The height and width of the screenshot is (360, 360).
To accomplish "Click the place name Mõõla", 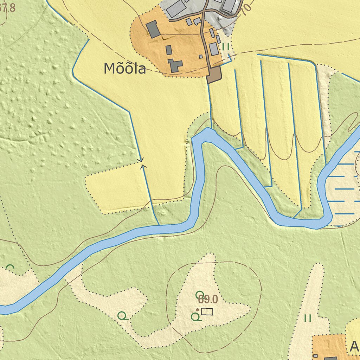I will (x=125, y=69).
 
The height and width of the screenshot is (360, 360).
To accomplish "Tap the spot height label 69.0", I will (x=208, y=300).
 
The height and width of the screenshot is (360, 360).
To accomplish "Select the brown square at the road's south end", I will (x=214, y=75).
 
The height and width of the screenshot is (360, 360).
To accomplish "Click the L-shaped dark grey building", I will (x=175, y=65).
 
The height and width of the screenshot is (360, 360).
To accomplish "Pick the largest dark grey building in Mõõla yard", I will (x=153, y=29).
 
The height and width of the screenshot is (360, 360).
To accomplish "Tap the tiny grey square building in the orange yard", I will (x=201, y=56).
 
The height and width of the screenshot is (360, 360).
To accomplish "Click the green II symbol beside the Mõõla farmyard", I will (x=226, y=46).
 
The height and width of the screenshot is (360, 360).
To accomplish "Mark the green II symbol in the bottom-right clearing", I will (x=308, y=319).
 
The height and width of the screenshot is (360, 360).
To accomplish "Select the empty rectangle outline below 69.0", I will (x=207, y=311).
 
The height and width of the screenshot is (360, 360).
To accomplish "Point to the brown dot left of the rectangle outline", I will (x=198, y=310).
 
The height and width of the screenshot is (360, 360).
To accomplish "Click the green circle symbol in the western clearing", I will (x=122, y=316).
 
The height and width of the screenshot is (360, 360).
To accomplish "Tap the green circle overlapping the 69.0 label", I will (x=199, y=294).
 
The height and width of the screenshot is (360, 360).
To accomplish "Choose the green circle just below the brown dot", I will (x=195, y=317).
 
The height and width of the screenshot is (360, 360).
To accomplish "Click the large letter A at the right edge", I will (x=354, y=347).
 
